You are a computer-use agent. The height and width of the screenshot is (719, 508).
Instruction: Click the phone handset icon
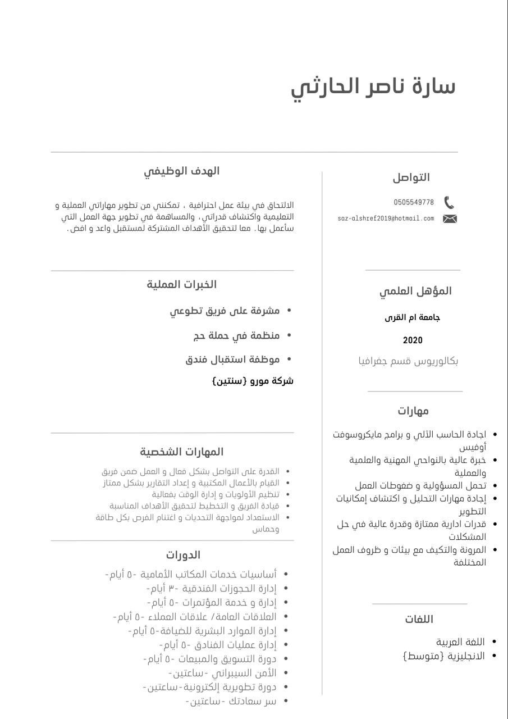coord(448,203)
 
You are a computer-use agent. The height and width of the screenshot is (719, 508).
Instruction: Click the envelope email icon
coord(450,219)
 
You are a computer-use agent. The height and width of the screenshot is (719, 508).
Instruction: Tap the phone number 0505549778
coord(414,202)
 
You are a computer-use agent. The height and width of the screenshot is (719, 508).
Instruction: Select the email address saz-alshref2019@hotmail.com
coord(386,219)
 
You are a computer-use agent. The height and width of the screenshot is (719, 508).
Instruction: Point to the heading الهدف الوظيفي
coord(181,171)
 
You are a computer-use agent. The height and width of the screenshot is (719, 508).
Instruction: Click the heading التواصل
coord(411,178)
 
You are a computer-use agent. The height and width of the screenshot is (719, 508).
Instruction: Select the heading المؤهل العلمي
coord(415,291)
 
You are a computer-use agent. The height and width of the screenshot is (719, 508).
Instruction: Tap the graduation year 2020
coord(413,340)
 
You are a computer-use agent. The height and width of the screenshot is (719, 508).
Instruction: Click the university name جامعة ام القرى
coord(412,317)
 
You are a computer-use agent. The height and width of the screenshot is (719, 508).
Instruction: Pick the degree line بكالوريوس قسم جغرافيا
coord(408,361)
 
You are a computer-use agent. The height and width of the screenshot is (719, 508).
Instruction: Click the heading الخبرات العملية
coord(181,284)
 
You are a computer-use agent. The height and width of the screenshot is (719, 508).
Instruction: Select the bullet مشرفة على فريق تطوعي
coord(225,311)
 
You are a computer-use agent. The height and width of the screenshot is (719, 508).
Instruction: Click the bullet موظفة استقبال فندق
coord(232,359)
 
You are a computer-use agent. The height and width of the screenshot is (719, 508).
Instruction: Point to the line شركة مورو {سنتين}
coord(253,381)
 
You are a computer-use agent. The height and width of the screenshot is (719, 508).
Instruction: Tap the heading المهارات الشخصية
coord(181,452)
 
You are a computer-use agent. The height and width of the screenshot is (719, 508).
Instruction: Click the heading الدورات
coord(183,555)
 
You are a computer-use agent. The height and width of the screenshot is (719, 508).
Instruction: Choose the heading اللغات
coord(419,619)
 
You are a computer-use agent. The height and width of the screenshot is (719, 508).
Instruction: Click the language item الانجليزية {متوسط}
coord(443,656)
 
